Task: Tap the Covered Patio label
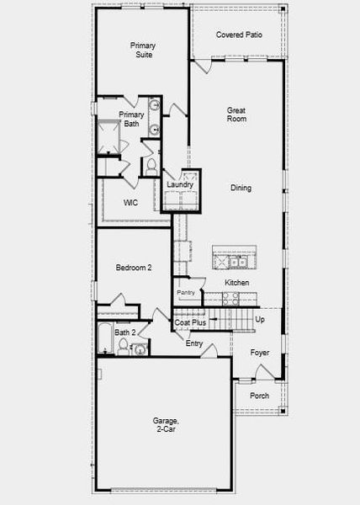coord(237,35)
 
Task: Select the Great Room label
coord(236,114)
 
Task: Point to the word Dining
coord(241,188)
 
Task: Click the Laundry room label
coord(180,184)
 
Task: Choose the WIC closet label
coord(130,203)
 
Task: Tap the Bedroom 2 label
coord(133,268)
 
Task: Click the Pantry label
coord(186,293)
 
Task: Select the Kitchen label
coord(236,283)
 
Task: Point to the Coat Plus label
coord(190,322)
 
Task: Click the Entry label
coord(194,343)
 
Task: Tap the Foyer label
coord(260,353)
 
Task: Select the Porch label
coord(260,396)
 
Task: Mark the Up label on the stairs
coord(259,320)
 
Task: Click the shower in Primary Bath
coord(109,137)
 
